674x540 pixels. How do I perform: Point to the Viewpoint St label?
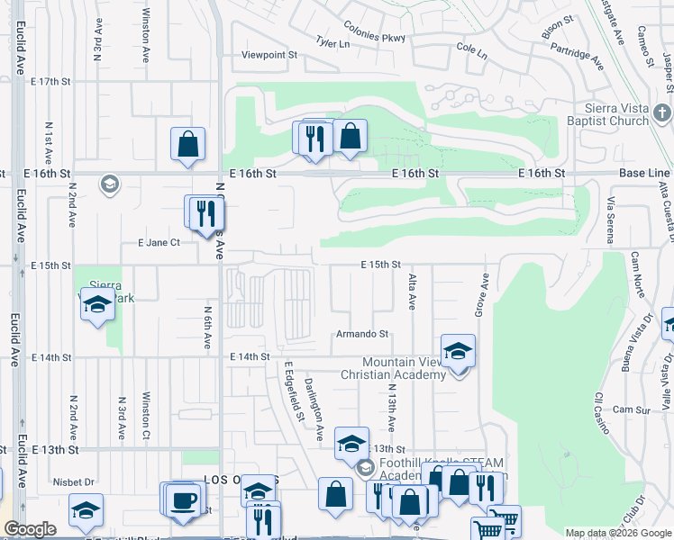coord(269,55)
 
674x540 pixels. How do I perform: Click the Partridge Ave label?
coord(576,56)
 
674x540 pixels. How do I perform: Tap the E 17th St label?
coord(50,81)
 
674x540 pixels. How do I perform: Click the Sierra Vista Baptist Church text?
coord(605,113)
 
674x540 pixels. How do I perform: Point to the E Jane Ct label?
coord(159,243)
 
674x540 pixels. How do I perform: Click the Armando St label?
coord(361,334)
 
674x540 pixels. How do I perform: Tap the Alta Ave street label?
coord(413,292)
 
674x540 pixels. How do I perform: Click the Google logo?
coord(30,529)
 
